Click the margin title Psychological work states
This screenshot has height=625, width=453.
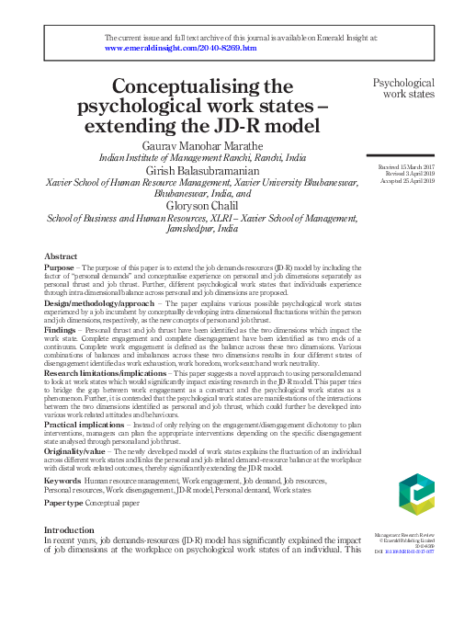pyautogui.click(x=403, y=87)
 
